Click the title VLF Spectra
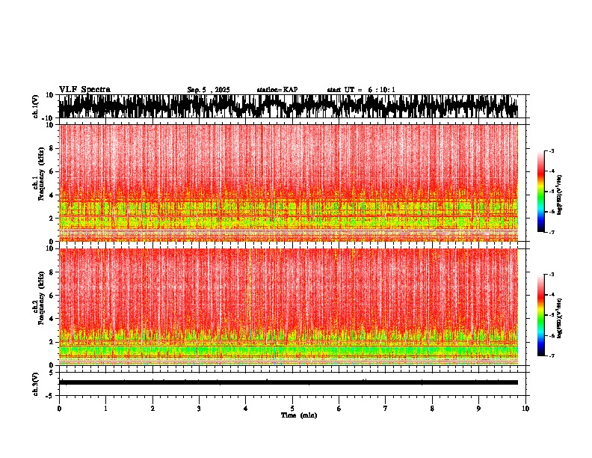[84, 89]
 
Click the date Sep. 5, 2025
[209, 90]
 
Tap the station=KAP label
[277, 90]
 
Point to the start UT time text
[361, 90]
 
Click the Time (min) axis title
[298, 415]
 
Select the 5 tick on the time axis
[292, 409]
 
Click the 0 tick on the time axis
[59, 409]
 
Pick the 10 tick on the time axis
[525, 409]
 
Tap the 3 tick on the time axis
[199, 409]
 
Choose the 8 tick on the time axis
[432, 409]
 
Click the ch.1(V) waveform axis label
[36, 106]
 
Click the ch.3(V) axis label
[36, 382]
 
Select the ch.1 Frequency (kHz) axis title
[37, 182]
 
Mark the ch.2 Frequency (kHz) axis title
[37, 305]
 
